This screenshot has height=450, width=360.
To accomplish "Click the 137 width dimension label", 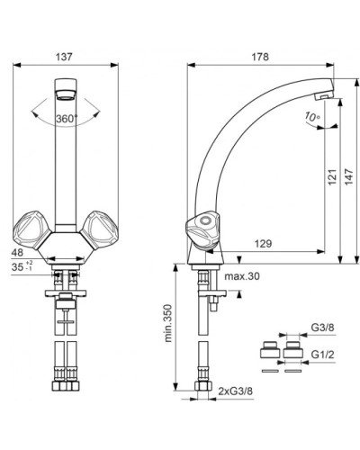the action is click(x=64, y=57).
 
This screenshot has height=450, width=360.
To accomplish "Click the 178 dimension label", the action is click(x=260, y=57).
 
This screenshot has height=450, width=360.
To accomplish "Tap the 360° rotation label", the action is click(x=67, y=119).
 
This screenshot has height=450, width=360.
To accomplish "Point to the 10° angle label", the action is click(x=312, y=116).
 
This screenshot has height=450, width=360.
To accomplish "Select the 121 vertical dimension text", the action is click(x=332, y=177).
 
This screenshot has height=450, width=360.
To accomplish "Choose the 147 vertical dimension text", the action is click(x=349, y=177).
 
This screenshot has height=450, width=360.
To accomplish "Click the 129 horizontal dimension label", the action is click(x=263, y=243).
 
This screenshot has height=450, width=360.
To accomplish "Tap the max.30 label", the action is click(x=242, y=276).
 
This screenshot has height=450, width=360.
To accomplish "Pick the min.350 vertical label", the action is click(x=168, y=323).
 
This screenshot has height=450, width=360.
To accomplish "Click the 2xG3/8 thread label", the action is click(x=236, y=391).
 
